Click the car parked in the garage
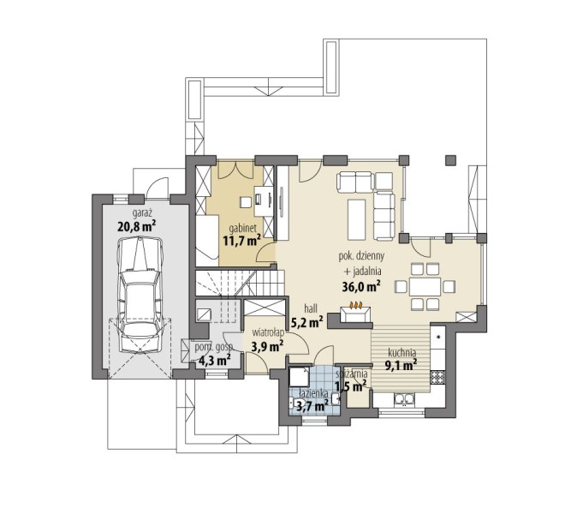[x=140, y=295]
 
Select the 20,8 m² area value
[x=137, y=226]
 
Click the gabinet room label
[x=243, y=228]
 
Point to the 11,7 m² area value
[x=241, y=241]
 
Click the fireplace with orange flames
[x=356, y=313]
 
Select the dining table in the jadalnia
[x=425, y=287]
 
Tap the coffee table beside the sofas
[x=357, y=219]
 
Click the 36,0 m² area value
[x=361, y=287]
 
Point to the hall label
[x=311, y=308]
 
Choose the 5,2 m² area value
[x=306, y=322]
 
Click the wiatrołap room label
[x=269, y=332]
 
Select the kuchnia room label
[x=401, y=352]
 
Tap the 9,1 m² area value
[x=401, y=366]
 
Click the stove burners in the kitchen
[x=437, y=377]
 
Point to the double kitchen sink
[x=405, y=400]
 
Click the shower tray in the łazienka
[x=300, y=377]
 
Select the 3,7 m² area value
[x=312, y=407]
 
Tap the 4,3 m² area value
[x=215, y=360]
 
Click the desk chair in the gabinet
[x=246, y=202]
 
